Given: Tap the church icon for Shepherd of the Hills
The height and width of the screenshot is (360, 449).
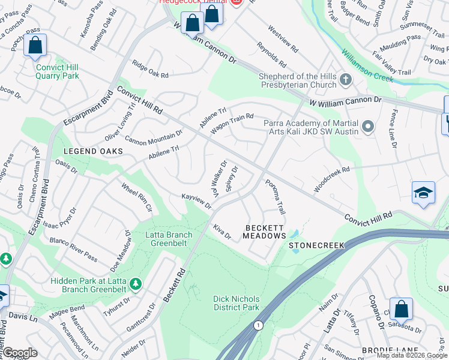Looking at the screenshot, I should [345, 79].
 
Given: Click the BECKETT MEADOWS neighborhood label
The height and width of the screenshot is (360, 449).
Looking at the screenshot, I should [264, 232].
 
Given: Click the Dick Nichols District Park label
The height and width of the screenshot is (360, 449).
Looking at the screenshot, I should [237, 303].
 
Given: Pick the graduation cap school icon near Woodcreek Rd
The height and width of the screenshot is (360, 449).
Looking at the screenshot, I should [423, 193].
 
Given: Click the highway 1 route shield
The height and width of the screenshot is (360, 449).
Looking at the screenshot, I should [258, 325].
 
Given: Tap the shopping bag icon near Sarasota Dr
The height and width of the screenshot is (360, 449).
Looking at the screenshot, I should [401, 309].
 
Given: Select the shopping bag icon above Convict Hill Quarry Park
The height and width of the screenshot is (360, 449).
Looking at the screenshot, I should [35, 45].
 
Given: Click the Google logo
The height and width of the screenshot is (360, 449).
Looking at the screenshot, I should [19, 353].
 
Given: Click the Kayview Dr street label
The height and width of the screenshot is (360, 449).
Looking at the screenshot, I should [197, 201].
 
